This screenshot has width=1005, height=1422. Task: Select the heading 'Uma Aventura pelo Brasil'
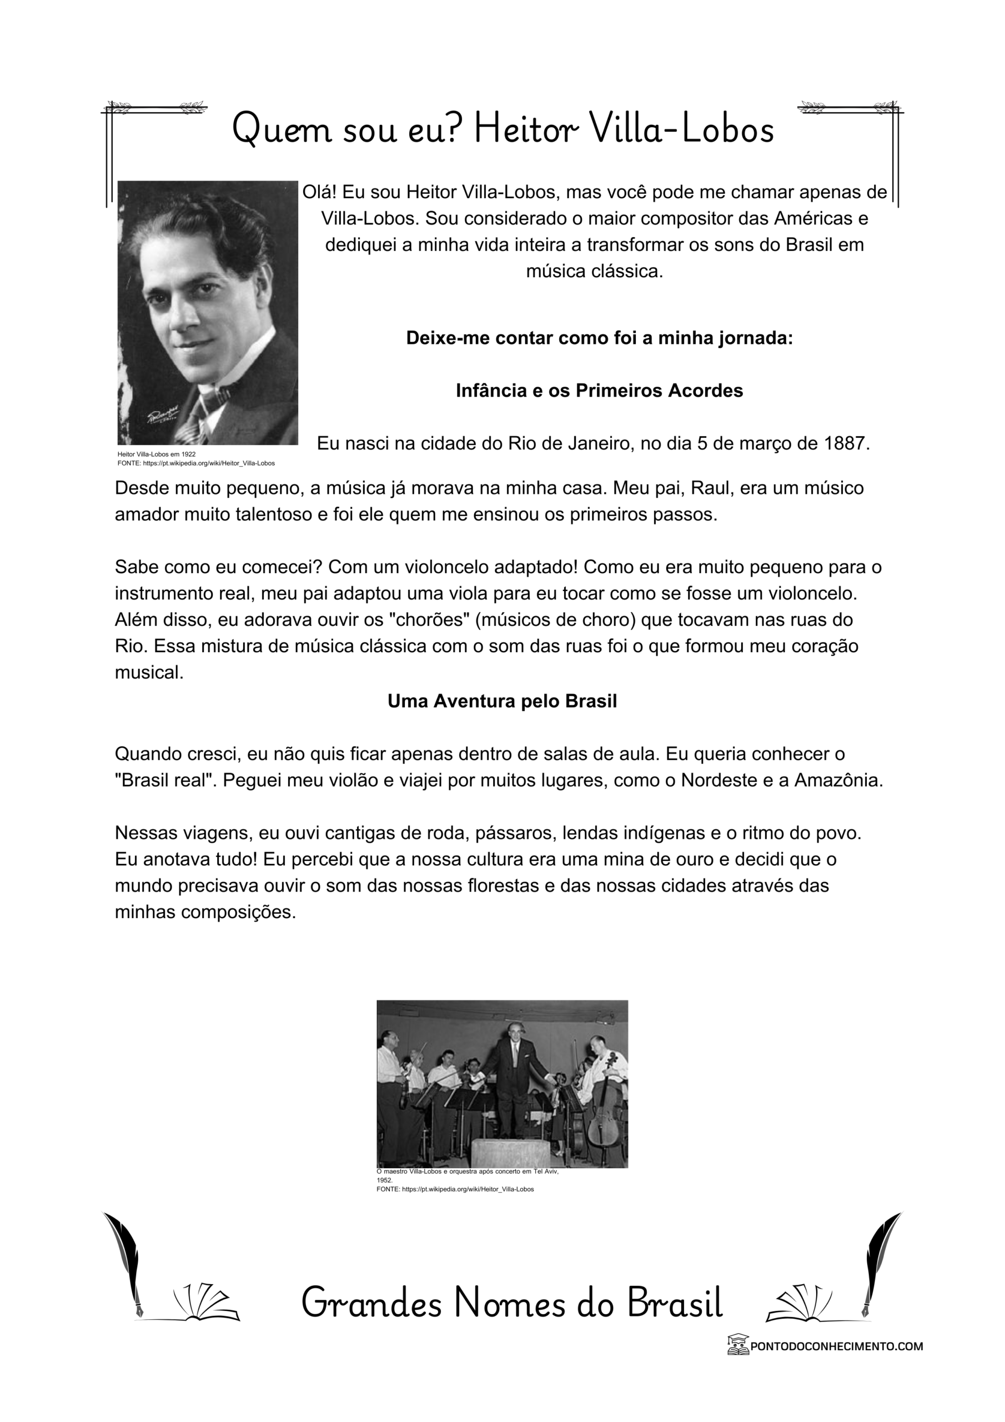click(502, 701)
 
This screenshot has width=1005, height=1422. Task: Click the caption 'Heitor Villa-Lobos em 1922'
click(157, 454)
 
